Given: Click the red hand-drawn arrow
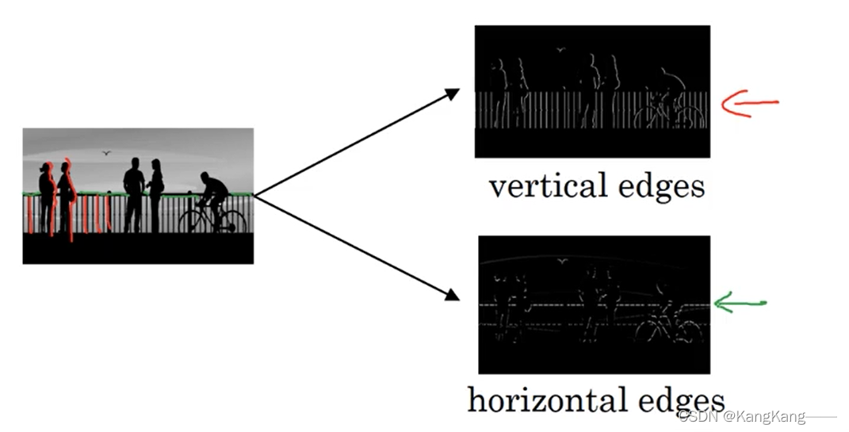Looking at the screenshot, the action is pyautogui.click(x=749, y=103).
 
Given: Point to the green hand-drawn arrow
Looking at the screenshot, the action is pyautogui.click(x=740, y=303).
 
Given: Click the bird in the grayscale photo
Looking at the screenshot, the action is pyautogui.click(x=106, y=153).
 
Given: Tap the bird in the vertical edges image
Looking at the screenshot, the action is pyautogui.click(x=560, y=50).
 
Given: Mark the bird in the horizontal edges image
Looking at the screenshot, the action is pyautogui.click(x=563, y=262).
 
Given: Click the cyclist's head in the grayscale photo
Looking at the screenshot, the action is pyautogui.click(x=205, y=177).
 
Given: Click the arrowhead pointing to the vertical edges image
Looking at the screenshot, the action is pyautogui.click(x=452, y=94).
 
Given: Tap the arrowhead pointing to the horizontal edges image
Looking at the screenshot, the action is pyautogui.click(x=452, y=295).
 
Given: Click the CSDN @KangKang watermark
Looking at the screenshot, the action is pyautogui.click(x=742, y=416).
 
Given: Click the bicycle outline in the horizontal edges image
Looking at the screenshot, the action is pyautogui.click(x=670, y=327).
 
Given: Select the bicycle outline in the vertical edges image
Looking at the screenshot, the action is pyautogui.click(x=669, y=113).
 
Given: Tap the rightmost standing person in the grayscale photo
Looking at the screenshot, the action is pyautogui.click(x=156, y=196).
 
